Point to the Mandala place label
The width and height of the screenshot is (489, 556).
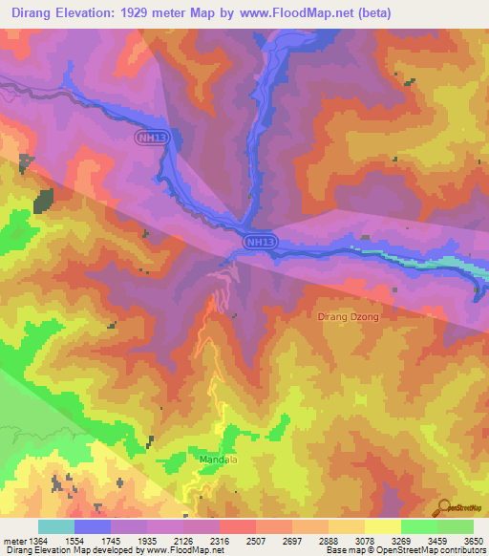coord(219,459)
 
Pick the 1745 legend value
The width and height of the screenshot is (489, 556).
coord(111,541)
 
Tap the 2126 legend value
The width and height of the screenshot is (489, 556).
coord(183,541)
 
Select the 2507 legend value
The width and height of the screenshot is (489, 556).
coord(256,541)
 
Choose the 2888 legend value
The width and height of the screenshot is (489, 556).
coord(329,541)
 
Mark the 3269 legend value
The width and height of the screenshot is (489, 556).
coord(401,541)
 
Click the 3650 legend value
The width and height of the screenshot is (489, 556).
coord(474,541)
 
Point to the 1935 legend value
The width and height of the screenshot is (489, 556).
coord(147,541)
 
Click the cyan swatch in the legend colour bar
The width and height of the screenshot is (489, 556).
coord(56,526)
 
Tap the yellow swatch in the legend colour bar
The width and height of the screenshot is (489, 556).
coord(383,526)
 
